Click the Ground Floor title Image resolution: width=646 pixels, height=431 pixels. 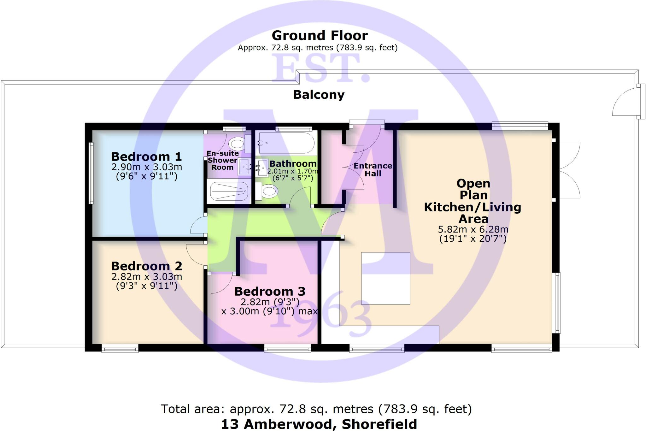pyautogui.click(x=320, y=36)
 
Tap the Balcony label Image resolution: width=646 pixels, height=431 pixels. pyautogui.click(x=319, y=95)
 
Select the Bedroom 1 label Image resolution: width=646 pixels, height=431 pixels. pyautogui.click(x=146, y=156)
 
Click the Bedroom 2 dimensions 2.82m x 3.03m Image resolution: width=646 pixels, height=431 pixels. pyautogui.click(x=147, y=277)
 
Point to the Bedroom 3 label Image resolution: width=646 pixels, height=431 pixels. pyautogui.click(x=270, y=291)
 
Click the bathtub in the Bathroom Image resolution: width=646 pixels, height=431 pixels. pyautogui.click(x=286, y=143)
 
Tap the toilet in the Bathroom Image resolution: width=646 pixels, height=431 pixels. pyautogui.click(x=267, y=191)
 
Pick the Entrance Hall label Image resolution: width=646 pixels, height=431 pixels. pyautogui.click(x=373, y=170)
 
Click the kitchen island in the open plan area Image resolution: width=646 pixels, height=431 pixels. pyautogui.click(x=385, y=278)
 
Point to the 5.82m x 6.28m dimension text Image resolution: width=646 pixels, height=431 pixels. pyautogui.click(x=473, y=229)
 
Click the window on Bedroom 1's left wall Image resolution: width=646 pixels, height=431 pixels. pyautogui.click(x=91, y=173)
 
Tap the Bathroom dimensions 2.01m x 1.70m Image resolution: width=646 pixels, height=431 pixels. pyautogui.click(x=292, y=171)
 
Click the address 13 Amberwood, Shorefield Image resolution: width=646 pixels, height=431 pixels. pyautogui.click(x=319, y=424)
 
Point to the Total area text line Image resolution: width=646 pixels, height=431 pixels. pyautogui.click(x=316, y=409)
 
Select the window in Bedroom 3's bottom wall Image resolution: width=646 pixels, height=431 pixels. pyautogui.click(x=287, y=348)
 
